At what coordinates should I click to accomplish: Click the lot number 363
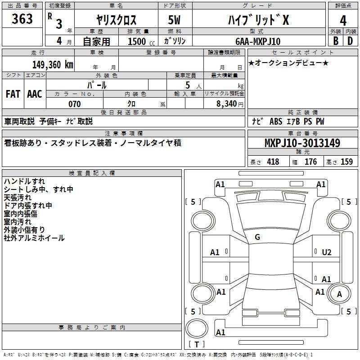pos(22,19)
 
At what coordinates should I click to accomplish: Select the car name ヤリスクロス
pos(116,20)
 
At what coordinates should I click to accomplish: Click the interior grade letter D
pos(350,41)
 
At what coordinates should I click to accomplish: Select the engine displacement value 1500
pos(137,41)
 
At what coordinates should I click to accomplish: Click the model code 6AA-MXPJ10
pos(258,41)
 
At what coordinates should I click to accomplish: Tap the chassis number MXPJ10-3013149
pos(302,144)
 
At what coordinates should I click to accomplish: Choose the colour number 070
pos(74,104)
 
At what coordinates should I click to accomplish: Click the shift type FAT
pos(13,94)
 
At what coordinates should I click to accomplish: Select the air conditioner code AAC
pos(35,94)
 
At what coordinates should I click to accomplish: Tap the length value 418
pos(273,162)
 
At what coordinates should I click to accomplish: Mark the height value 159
pos(346,162)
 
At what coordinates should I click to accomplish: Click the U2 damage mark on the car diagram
pos(327,252)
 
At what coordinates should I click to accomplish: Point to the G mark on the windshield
pos(257,237)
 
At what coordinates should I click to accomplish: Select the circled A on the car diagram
pos(340,295)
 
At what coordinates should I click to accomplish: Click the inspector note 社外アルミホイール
pos(34,238)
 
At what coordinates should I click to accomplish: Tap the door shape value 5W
pos(175,20)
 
